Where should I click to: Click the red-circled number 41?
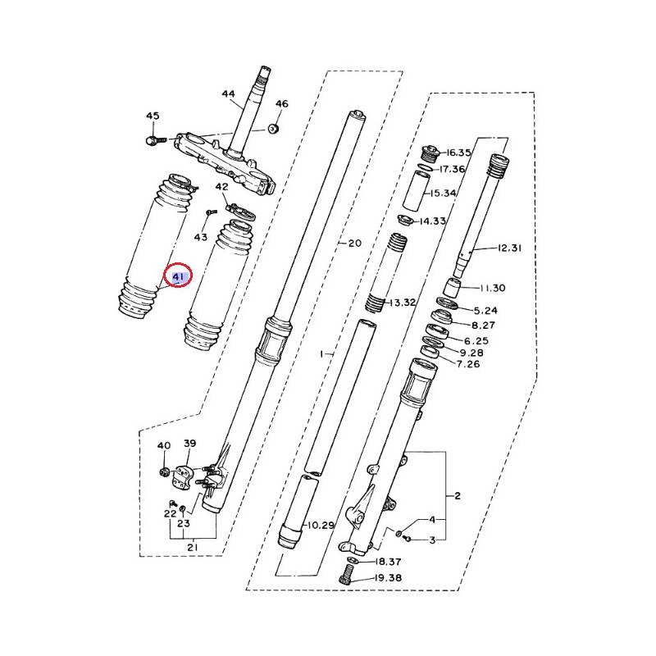click(x=178, y=276)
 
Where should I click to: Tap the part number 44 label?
click(x=229, y=94)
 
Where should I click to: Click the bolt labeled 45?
click(x=156, y=140)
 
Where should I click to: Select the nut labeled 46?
click(x=273, y=129)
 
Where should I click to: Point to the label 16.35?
click(x=459, y=153)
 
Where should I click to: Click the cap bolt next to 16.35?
click(x=429, y=153)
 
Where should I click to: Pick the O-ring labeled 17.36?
click(x=426, y=168)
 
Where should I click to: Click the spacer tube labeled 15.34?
click(x=414, y=190)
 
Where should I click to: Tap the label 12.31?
click(x=510, y=248)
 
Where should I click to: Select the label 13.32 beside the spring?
click(x=402, y=302)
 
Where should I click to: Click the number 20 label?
click(x=355, y=243)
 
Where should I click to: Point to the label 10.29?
click(x=321, y=525)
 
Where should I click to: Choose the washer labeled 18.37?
click(x=353, y=561)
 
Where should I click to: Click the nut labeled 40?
click(x=164, y=473)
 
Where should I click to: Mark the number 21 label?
click(x=193, y=547)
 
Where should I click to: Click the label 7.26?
click(x=468, y=364)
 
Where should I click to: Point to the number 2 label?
click(x=458, y=496)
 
